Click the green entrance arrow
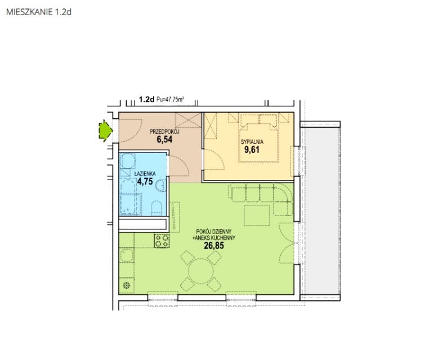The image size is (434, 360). tap(106, 131)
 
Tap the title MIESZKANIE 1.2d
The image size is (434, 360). tap(39, 12)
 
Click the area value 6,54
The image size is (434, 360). tap(164, 139)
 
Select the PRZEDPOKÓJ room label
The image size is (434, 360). tap(164, 132)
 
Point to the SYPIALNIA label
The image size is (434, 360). tap(252, 142)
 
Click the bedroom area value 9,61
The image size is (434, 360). tap(252, 150)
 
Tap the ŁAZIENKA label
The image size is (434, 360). tap(145, 174)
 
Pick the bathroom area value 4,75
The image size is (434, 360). tap(145, 181)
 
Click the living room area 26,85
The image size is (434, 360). tap(214, 245)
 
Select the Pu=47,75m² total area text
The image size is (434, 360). tap(171, 99)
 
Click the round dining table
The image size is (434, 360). tap(201, 271)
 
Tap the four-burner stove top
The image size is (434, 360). tap(162, 241)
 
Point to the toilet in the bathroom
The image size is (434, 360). tap(156, 208)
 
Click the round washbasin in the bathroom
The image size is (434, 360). tap(161, 184)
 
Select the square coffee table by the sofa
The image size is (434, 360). tap(257, 215)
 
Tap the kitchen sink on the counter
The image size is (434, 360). tap(127, 255)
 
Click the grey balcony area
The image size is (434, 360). tap(320, 211)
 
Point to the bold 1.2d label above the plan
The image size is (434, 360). tap(146, 99)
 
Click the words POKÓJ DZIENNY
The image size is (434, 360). tap(214, 231)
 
